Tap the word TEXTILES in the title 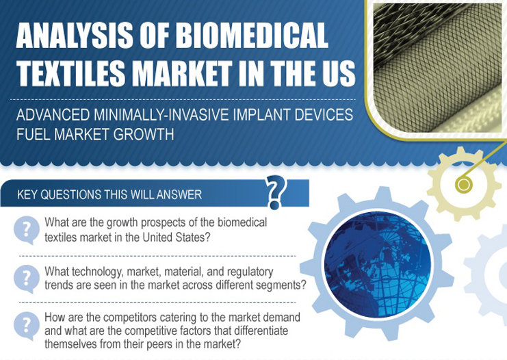pyautogui.click(x=73, y=73)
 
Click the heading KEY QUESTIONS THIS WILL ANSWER pyautogui.click(x=109, y=194)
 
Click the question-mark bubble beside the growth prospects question pyautogui.click(x=26, y=229)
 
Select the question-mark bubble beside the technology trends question pyautogui.click(x=26, y=277)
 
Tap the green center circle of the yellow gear pyautogui.click(x=464, y=183)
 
